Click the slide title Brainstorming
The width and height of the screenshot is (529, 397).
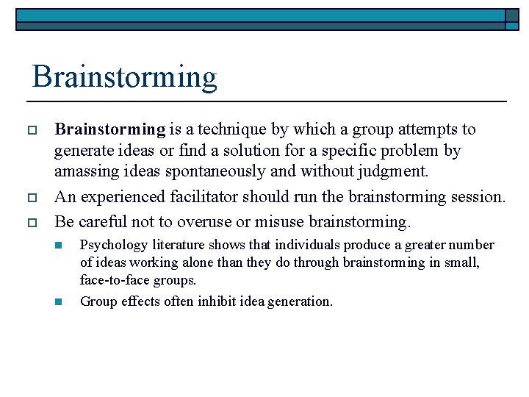(125, 76)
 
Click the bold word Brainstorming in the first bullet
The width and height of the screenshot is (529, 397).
(110, 130)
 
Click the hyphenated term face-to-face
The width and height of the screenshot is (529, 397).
(113, 280)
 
